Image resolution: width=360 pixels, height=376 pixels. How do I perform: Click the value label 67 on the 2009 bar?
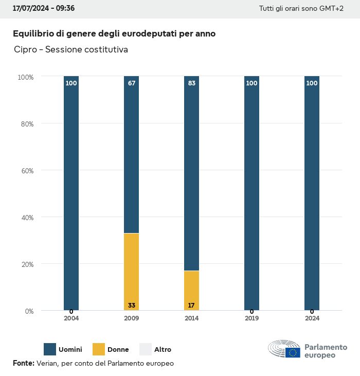pyautogui.click(x=132, y=83)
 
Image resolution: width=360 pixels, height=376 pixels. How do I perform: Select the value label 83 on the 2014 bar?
pyautogui.click(x=191, y=83)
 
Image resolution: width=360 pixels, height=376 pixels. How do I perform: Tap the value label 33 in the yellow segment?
pyautogui.click(x=132, y=306)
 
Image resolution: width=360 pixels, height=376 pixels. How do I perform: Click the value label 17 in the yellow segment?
pyautogui.click(x=191, y=306)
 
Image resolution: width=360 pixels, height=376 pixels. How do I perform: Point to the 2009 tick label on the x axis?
pyautogui.click(x=131, y=318)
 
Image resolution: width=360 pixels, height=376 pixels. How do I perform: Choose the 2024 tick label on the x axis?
pyautogui.click(x=312, y=318)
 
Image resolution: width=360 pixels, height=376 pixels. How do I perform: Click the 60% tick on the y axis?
pyautogui.click(x=26, y=170)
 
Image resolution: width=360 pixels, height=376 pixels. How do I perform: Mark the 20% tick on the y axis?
pyautogui.click(x=26, y=264)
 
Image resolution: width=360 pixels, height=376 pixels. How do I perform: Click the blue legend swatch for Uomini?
pyautogui.click(x=50, y=349)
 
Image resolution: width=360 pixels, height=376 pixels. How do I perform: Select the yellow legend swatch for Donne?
pyautogui.click(x=98, y=349)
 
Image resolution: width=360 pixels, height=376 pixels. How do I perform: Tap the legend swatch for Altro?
pyautogui.click(x=146, y=349)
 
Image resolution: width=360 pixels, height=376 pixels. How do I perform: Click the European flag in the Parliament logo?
pyautogui.click(x=293, y=352)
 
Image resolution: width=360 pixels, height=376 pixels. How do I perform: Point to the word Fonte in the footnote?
pyautogui.click(x=23, y=363)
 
